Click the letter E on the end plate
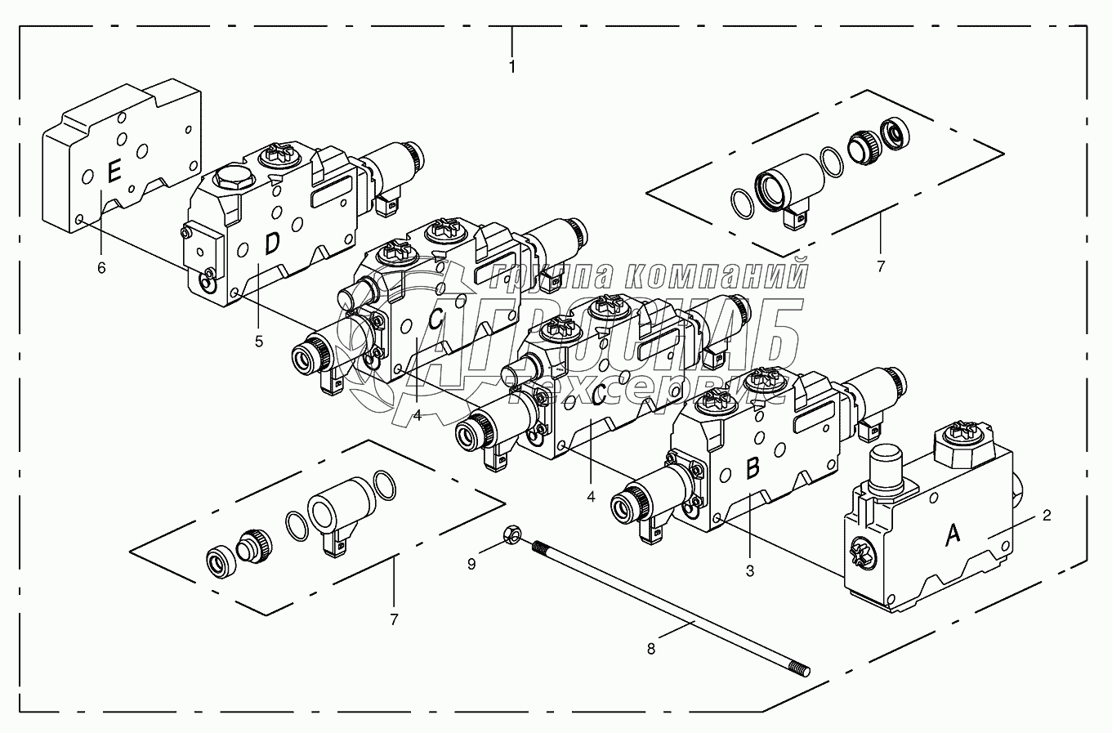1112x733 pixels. pyautogui.click(x=114, y=172)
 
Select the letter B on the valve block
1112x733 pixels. pyautogui.click(x=752, y=468)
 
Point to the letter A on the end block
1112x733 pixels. pyautogui.click(x=952, y=534)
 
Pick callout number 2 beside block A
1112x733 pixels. pyautogui.click(x=1047, y=516)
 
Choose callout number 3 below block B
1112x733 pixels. pyautogui.click(x=750, y=571)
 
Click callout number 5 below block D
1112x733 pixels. pyautogui.click(x=259, y=342)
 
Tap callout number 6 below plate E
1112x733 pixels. pyautogui.click(x=101, y=267)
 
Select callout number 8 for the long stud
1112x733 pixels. pyautogui.click(x=651, y=650)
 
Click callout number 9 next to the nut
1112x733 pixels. pyautogui.click(x=471, y=563)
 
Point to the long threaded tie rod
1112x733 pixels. pyautogui.click(x=670, y=605)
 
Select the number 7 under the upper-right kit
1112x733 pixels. pyautogui.click(x=881, y=266)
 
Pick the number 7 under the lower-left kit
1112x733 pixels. pyautogui.click(x=394, y=619)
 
